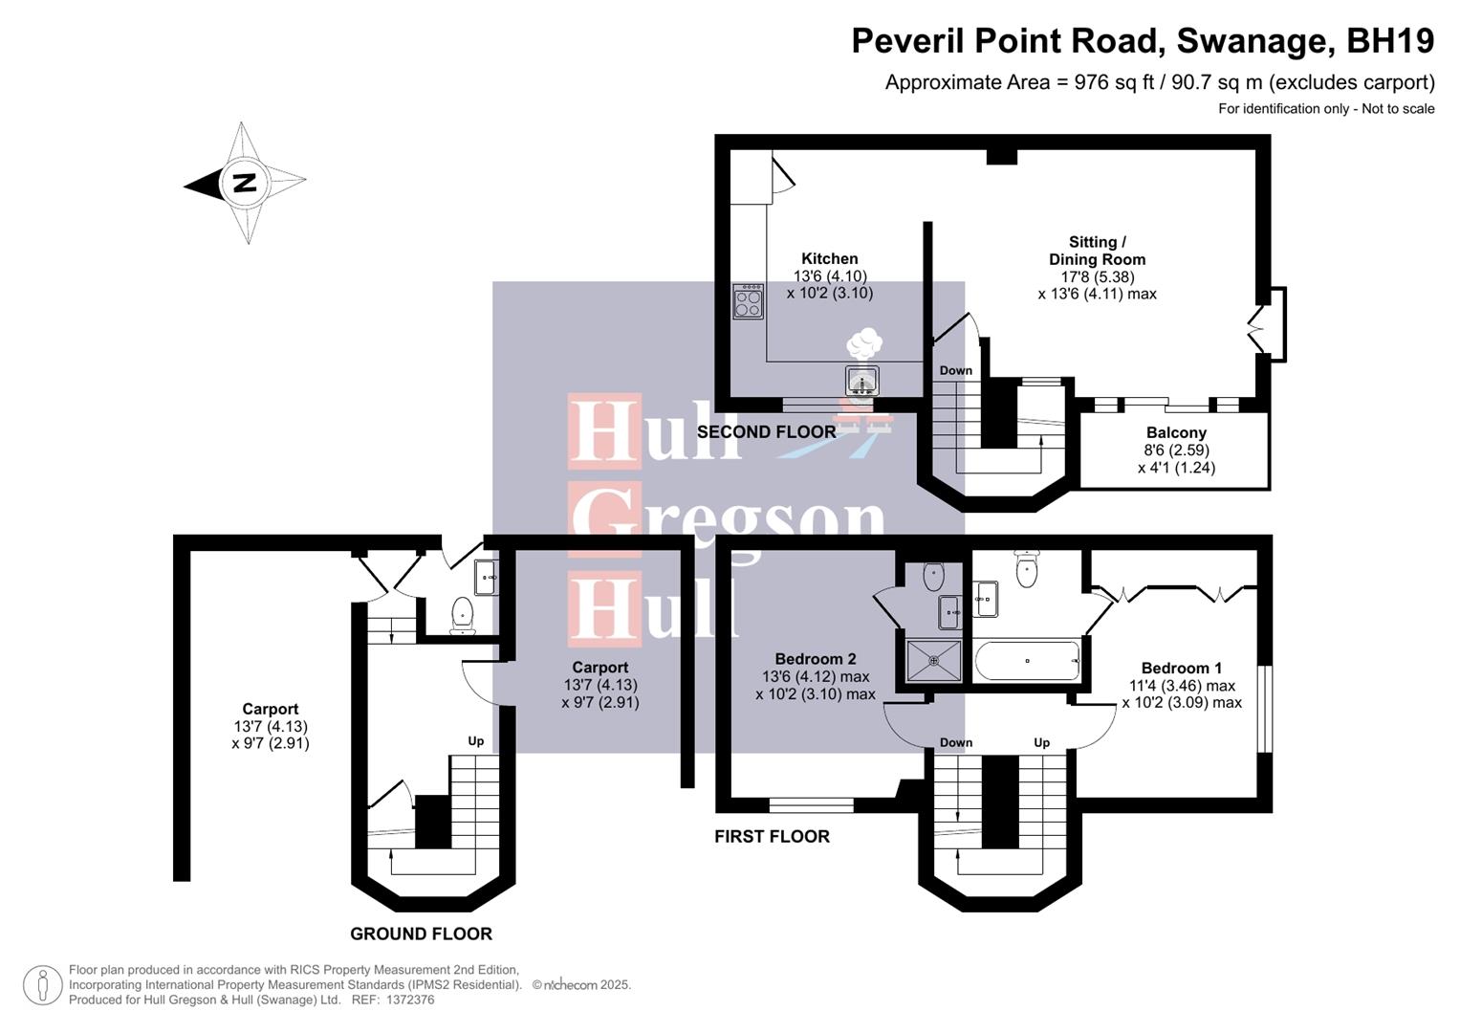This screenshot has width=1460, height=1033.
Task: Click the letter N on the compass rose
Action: [x=245, y=182]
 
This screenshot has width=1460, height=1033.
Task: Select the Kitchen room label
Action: [x=829, y=258]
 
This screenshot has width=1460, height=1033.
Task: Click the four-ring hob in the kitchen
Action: [x=748, y=301]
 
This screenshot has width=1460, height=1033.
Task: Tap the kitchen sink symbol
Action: [x=862, y=381]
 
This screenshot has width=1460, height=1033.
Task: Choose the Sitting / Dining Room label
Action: [x=1097, y=251]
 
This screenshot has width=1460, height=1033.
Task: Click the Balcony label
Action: [x=1176, y=432]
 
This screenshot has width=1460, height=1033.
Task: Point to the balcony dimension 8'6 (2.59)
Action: [x=1176, y=450]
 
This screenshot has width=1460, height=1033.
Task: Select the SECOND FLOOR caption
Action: [x=766, y=431]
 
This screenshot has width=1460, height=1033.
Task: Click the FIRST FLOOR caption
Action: [x=772, y=836]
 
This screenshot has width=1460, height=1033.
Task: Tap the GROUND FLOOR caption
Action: [x=421, y=934]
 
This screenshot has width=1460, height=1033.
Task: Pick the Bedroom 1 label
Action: [x=1181, y=668]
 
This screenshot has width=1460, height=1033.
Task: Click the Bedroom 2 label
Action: [x=815, y=658]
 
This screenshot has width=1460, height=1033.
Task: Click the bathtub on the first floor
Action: [x=1028, y=660]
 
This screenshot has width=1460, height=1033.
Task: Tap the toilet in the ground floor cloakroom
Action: [x=463, y=615]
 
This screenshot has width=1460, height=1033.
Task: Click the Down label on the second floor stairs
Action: [x=955, y=370]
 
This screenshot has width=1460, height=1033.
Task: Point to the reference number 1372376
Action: [x=409, y=1000]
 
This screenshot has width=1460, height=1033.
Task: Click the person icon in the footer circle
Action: [x=42, y=985]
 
